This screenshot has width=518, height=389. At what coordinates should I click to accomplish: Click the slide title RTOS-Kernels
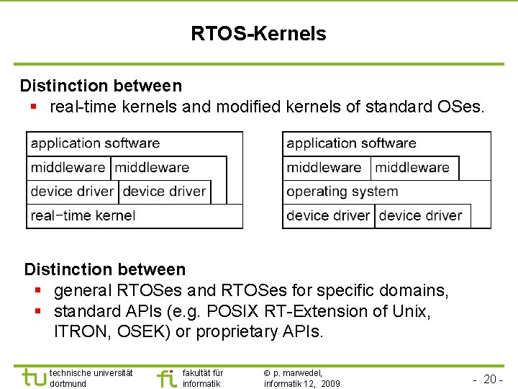point(258,34)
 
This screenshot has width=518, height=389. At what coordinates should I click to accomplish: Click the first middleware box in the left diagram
point(68,168)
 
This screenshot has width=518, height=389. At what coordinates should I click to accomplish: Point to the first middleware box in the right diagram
point(324,168)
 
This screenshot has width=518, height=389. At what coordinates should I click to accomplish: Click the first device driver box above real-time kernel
point(72,192)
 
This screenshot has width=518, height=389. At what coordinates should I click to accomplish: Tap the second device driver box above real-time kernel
point(165,192)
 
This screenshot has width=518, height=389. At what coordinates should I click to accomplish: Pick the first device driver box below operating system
point(328,215)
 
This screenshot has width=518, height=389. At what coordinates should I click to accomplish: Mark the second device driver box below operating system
point(421,215)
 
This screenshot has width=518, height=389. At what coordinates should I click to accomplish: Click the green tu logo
point(34,377)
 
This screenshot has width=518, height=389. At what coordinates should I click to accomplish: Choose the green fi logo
point(166,377)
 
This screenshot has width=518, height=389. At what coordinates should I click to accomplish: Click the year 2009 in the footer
point(330,384)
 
